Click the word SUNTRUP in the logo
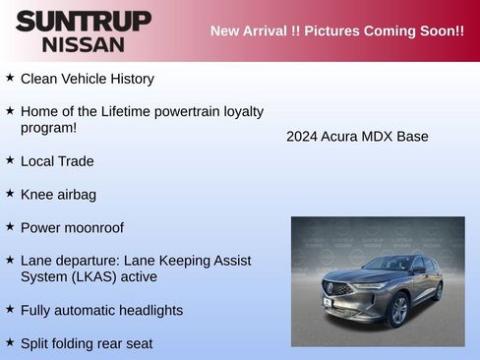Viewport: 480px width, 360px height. (x=84, y=20)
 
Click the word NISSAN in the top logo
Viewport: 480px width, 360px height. (x=84, y=44)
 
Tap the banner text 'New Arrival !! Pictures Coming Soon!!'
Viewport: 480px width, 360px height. (x=336, y=30)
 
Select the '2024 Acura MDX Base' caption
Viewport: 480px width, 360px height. (x=357, y=136)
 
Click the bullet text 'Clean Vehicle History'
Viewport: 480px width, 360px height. (x=87, y=78)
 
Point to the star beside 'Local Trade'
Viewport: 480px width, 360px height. (x=10, y=159)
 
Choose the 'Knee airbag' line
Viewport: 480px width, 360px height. (x=58, y=194)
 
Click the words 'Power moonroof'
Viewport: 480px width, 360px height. (x=72, y=227)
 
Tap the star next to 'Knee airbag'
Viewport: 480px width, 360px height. (x=10, y=193)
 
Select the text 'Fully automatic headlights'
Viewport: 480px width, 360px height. (x=101, y=310)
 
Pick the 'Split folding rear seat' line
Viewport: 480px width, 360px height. (x=87, y=343)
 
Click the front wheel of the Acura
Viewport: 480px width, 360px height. (x=398, y=309)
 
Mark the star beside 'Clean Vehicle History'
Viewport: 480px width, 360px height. (x=10, y=77)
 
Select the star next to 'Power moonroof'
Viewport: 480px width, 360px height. (x=10, y=226)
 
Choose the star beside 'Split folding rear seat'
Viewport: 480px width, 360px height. (x=10, y=342)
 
